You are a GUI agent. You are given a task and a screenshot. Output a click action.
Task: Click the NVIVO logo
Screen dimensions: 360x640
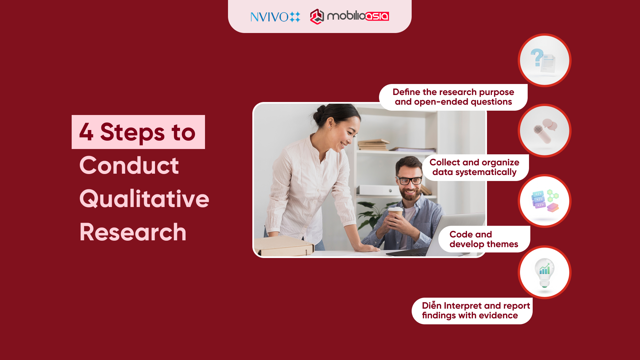pos(275,17)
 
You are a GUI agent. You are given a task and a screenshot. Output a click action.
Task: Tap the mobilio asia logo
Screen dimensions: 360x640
pos(349,16)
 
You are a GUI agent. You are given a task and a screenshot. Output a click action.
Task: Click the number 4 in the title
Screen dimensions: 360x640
pos(86,132)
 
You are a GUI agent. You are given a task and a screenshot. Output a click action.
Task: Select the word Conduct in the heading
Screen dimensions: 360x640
pos(129,165)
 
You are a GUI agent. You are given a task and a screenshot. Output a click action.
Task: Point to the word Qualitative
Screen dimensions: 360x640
pos(144,199)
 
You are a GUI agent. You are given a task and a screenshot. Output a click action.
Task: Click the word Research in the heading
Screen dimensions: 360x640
pos(133,232)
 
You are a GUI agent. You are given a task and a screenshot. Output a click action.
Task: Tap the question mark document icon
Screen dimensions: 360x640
pos(544,60)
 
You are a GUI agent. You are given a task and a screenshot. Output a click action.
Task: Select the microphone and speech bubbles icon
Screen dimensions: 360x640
pos(544,131)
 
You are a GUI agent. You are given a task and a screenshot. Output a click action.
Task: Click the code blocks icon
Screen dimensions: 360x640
pos(544,201)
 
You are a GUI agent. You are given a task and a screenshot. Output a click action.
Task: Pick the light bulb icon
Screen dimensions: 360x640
pos(544,272)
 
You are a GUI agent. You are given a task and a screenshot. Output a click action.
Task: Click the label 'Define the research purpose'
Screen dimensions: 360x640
pos(453,92)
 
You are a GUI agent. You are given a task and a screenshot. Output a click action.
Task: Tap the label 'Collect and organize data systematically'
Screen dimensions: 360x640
pos(474,167)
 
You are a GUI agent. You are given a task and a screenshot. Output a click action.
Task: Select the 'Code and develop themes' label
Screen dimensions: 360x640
pos(483,239)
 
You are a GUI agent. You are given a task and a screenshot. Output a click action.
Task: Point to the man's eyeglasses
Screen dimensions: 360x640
pos(410,181)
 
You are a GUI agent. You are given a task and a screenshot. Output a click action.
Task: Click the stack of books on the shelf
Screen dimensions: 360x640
pos(373,145)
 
